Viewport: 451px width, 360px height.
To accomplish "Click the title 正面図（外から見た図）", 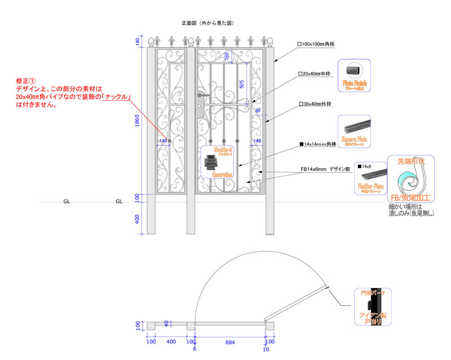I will click(207, 23).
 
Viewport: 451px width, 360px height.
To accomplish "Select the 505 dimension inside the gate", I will click(241, 85).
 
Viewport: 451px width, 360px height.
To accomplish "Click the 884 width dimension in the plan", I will click(230, 343).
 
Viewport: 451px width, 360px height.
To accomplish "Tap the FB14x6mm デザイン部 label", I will click(325, 168).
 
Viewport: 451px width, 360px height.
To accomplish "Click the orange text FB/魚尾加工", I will click(410, 198).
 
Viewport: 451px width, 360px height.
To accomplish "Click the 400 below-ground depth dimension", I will click(138, 219).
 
